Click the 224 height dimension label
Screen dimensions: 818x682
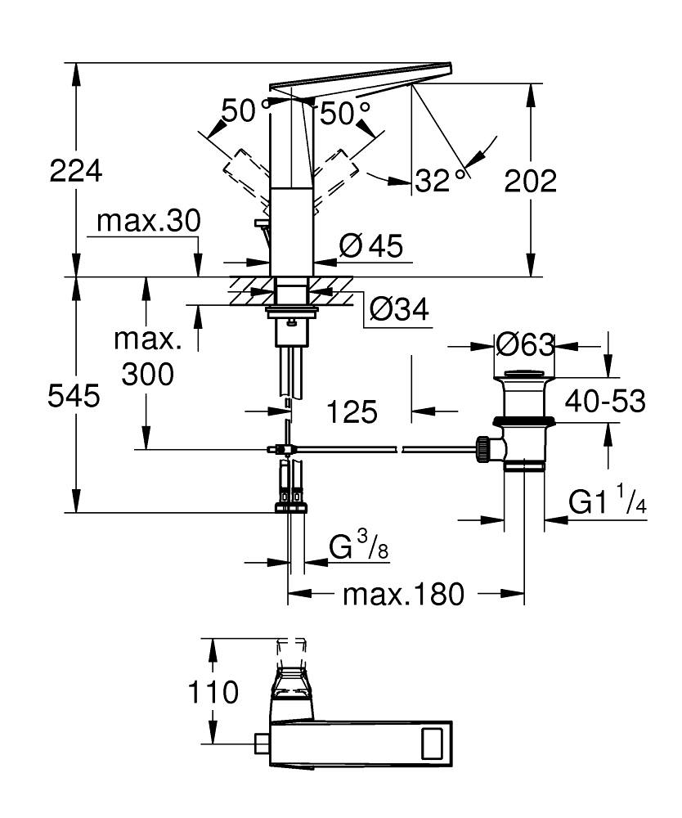(x=76, y=173)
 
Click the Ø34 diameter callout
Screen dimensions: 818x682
(x=398, y=309)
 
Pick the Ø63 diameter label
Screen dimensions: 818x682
(x=525, y=344)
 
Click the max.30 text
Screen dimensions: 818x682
(x=148, y=221)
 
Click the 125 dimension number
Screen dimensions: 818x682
(x=352, y=411)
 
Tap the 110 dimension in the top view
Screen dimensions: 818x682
(x=213, y=692)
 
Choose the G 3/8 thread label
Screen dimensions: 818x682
(x=358, y=546)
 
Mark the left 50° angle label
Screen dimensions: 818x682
(x=239, y=112)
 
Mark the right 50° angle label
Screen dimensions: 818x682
(x=344, y=113)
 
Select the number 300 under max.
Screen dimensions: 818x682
(x=147, y=374)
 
